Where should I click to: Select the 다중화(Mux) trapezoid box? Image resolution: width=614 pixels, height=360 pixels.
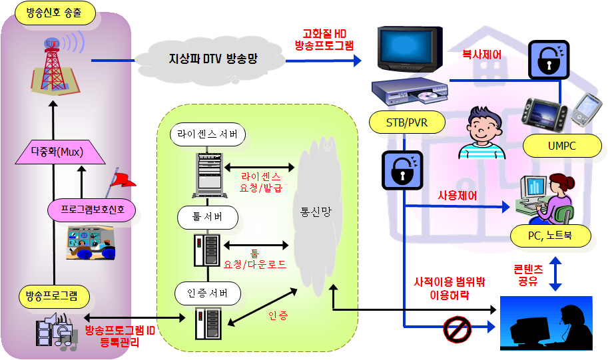pos(58,152)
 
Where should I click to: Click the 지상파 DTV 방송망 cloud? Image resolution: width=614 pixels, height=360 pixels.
pos(212,59)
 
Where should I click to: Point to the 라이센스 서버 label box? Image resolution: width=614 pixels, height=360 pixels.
pos(207,134)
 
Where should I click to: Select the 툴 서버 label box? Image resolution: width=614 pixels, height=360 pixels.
pos(208,218)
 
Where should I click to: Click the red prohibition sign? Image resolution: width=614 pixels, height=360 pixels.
pos(457,327)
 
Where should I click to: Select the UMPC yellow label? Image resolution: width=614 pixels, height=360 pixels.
pos(562,145)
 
